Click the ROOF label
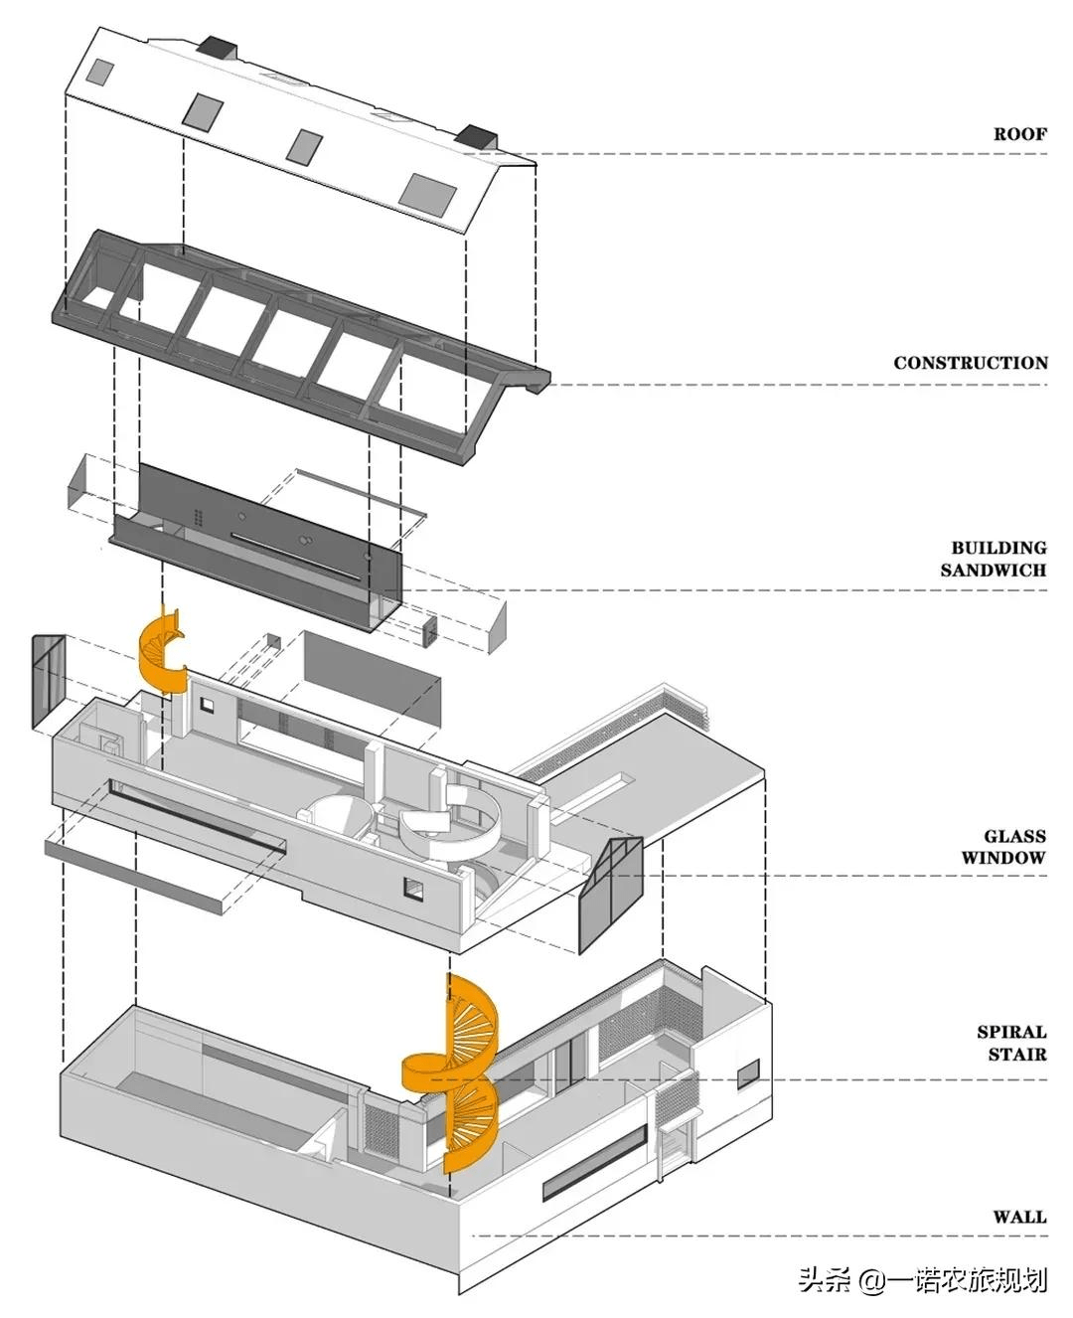point(1019,134)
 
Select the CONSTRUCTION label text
point(970,363)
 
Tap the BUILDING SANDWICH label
point(994,559)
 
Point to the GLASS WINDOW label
point(1003,847)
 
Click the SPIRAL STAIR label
point(1011,1043)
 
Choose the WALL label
point(1019,1217)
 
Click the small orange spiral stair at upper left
point(162,652)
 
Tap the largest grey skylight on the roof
point(427,191)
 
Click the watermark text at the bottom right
point(922,1280)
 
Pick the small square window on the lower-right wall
point(747,1073)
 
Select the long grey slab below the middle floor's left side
point(134,875)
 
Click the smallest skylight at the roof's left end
point(100,71)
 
